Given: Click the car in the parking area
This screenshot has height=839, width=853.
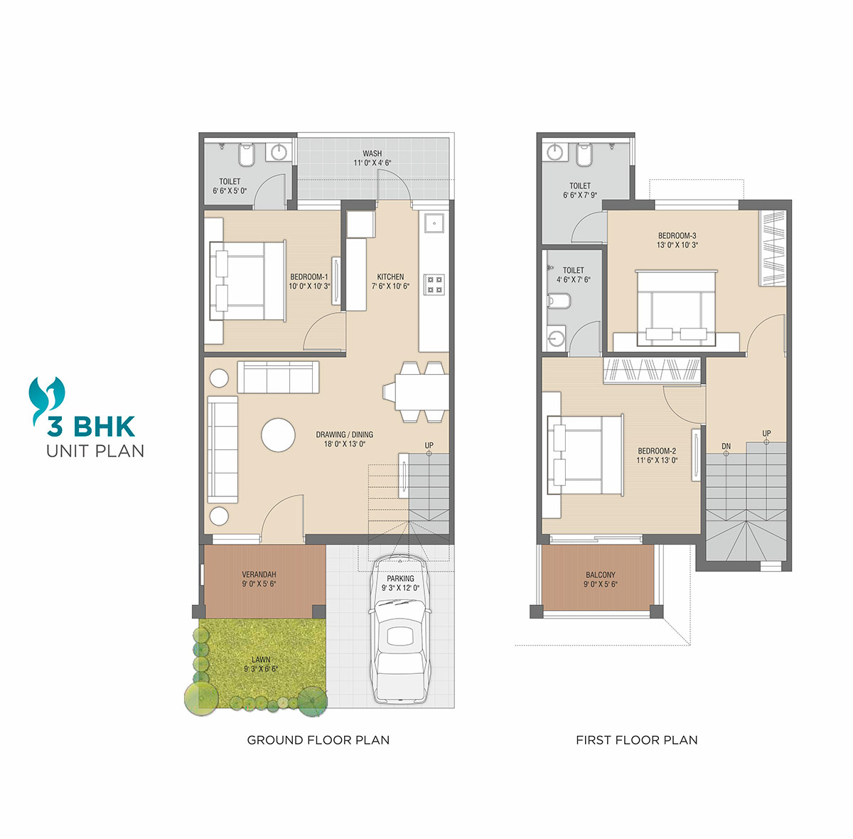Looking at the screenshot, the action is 399,629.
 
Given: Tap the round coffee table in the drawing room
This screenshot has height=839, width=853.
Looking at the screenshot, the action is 277,434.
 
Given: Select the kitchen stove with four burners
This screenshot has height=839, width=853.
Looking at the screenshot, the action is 434,284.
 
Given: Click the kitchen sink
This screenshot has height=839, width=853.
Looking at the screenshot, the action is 434,223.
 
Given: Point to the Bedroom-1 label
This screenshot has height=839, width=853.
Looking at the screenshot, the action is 309,277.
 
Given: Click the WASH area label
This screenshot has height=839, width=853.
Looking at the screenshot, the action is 372,154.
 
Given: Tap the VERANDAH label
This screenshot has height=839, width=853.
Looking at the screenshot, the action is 259,575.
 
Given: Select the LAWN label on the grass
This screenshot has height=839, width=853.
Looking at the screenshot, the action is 261,660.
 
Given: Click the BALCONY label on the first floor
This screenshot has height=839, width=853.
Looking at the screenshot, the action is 600,575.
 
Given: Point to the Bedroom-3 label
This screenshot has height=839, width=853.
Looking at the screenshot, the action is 677,235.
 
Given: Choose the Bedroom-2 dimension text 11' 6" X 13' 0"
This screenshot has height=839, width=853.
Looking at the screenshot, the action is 657,460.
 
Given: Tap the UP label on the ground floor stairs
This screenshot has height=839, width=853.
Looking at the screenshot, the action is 429,445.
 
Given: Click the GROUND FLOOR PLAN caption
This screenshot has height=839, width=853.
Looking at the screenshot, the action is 318,739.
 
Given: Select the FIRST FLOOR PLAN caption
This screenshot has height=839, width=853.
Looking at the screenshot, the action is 636,739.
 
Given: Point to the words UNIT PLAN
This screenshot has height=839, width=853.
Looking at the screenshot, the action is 95,451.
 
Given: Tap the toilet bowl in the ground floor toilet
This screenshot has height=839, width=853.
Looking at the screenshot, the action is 247,154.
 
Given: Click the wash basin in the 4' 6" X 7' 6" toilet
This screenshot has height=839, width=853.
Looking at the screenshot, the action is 556,337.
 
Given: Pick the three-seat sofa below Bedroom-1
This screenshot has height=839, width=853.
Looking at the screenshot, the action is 278,377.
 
